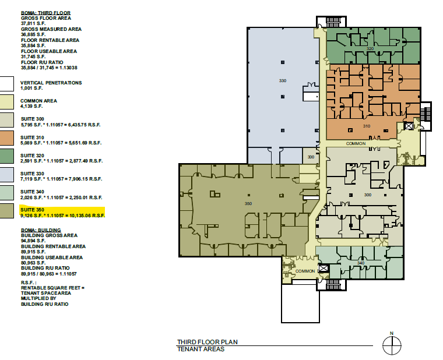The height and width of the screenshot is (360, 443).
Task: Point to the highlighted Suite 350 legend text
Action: point(62,212)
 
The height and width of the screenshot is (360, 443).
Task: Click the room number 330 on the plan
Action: point(283,80)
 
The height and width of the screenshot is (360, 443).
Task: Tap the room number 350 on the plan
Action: point(248,203)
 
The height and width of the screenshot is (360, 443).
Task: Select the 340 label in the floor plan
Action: point(361,263)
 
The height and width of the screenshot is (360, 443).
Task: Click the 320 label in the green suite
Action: point(370,50)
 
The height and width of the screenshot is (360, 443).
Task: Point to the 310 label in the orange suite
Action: point(367,126)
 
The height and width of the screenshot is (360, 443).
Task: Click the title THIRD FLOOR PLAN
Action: point(208,343)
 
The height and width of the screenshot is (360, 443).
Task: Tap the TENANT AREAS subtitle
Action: point(201,350)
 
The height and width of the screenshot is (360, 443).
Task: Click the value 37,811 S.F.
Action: point(33,24)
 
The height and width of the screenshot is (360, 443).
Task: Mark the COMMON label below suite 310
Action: point(356,143)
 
